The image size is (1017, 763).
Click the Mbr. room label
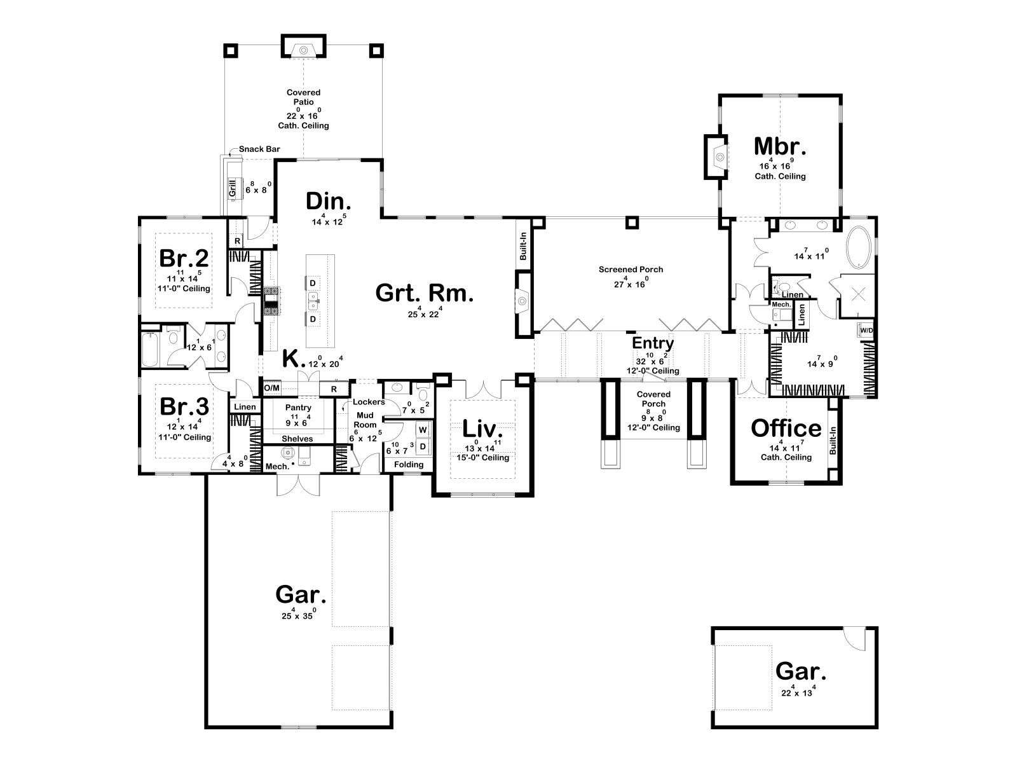(780, 146)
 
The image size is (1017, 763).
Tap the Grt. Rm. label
(425, 292)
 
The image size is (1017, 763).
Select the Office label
(786, 428)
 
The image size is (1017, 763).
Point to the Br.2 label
(184, 258)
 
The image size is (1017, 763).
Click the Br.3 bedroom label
(184, 407)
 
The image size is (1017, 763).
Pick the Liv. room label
(482, 429)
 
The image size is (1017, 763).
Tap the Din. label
(328, 202)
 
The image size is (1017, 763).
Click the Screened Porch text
(631, 269)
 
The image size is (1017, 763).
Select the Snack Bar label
(259, 149)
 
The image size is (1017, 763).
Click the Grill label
(233, 188)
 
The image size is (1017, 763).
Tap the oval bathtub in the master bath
(859, 247)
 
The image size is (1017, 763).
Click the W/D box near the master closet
(866, 330)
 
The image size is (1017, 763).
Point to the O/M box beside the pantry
(272, 388)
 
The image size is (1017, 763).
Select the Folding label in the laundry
(409, 464)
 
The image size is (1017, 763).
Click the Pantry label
(298, 407)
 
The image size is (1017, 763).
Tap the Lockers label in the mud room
(369, 402)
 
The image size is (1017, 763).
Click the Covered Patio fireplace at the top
(303, 46)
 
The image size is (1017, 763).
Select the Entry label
(653, 343)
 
